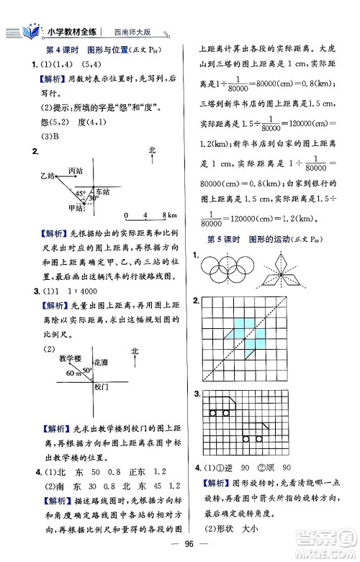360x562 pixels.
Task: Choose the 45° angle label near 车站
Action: pyautogui.click(x=80, y=193)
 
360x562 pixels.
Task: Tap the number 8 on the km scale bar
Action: pyautogui.click(x=164, y=215)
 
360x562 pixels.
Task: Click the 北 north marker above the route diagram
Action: pyautogui.click(x=151, y=150)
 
